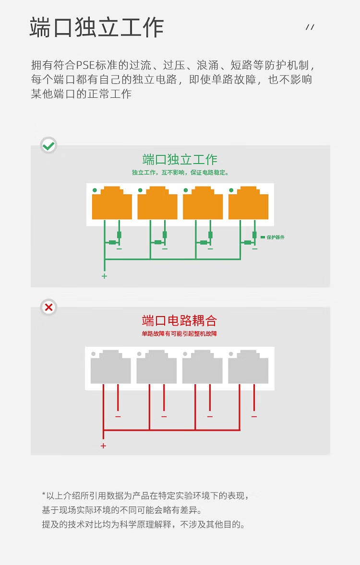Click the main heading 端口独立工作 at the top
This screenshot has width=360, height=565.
click(x=96, y=27)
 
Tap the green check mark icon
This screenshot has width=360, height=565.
click(x=48, y=145)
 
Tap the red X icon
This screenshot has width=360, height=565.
click(x=48, y=307)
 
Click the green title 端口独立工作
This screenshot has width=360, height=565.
click(x=180, y=160)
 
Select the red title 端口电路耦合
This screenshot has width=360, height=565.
click(x=180, y=320)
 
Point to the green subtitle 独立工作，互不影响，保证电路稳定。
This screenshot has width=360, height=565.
click(x=180, y=173)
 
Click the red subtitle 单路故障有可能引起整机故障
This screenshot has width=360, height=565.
click(x=180, y=333)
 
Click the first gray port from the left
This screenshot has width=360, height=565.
click(x=111, y=367)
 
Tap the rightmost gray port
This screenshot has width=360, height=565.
click(x=248, y=367)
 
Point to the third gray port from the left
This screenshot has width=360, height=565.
click(x=203, y=367)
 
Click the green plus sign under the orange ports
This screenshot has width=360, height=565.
click(x=104, y=276)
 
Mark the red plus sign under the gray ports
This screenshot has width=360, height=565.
click(x=103, y=446)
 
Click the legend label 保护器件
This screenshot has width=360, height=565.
click(x=276, y=237)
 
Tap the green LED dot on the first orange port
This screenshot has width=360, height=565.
click(x=95, y=190)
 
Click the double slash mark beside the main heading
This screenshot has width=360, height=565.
click(x=310, y=27)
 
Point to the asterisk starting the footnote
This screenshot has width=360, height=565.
click(x=44, y=494)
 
